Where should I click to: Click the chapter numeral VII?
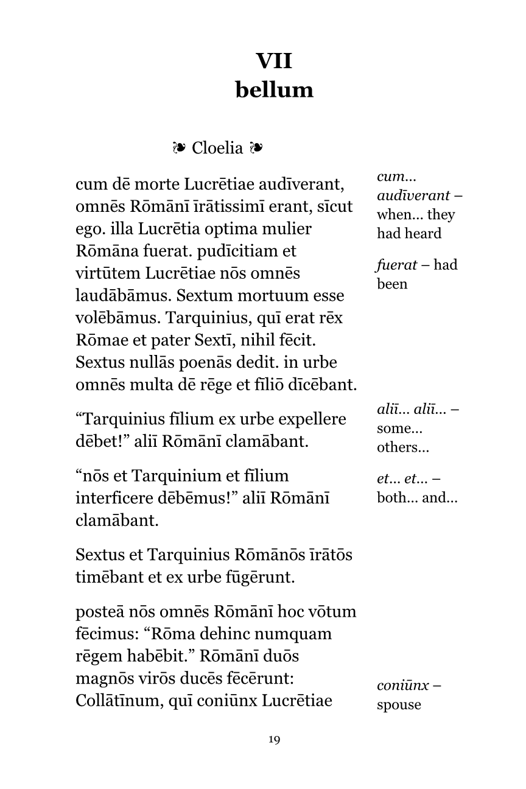click(274, 61)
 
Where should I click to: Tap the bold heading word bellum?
click(274, 90)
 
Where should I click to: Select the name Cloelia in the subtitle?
click(217, 148)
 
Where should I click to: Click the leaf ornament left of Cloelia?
click(179, 147)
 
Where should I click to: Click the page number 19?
click(274, 740)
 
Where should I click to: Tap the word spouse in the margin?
click(399, 705)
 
